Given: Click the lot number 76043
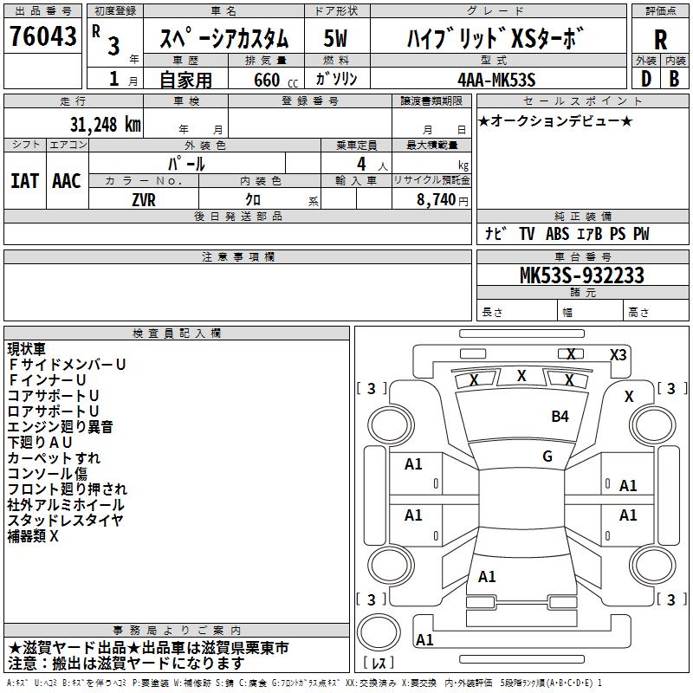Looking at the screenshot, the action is tap(42, 36).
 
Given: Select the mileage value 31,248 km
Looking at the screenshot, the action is tap(106, 125).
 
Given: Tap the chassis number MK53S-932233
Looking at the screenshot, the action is tap(582, 275).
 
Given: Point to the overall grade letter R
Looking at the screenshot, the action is tap(660, 40).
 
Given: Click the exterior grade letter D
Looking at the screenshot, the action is tap(646, 79).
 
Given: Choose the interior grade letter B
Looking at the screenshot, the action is tap(674, 79).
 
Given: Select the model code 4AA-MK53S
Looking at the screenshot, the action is tap(496, 80).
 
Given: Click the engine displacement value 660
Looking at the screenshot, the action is tap(267, 80).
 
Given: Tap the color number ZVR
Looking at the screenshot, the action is tap(144, 200).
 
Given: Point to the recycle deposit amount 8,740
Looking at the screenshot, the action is tap(436, 200).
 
